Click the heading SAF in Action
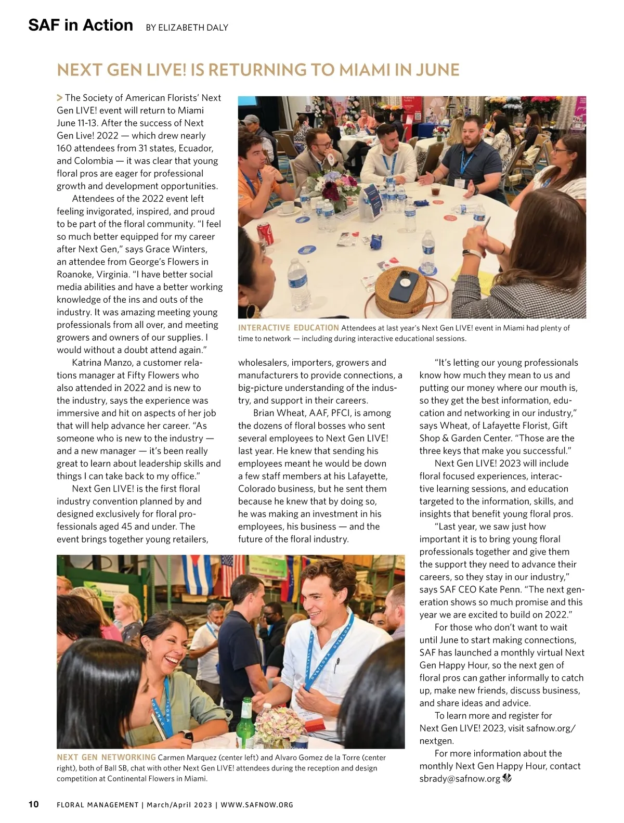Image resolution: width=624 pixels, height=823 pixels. (x=81, y=25)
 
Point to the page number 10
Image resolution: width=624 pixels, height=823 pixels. (x=33, y=804)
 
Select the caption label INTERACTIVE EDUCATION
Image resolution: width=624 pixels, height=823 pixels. (x=288, y=328)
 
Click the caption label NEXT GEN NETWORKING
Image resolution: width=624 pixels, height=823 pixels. (x=106, y=757)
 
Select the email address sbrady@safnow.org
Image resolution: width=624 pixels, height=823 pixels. (x=460, y=779)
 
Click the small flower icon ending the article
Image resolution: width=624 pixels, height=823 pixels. (x=508, y=778)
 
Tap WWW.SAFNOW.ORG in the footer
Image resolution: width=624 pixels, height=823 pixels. (x=257, y=805)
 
